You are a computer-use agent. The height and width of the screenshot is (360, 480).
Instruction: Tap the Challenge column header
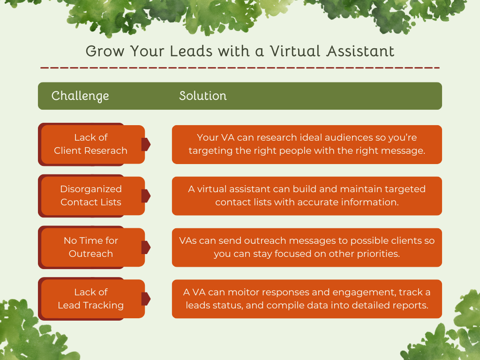click(x=80, y=96)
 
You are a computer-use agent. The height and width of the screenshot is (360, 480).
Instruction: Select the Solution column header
click(x=202, y=96)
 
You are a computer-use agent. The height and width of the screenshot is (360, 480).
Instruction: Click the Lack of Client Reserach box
click(x=91, y=144)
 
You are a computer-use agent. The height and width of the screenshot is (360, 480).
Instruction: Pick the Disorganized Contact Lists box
click(x=91, y=195)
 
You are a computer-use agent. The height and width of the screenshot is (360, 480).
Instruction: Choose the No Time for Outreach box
click(x=91, y=247)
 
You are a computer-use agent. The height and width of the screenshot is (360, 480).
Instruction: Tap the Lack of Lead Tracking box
click(x=91, y=299)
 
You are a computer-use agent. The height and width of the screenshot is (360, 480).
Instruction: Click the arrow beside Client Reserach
click(x=146, y=144)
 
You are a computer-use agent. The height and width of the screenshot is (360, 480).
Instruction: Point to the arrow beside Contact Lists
click(x=146, y=196)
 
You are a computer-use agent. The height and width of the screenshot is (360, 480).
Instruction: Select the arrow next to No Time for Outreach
click(x=146, y=247)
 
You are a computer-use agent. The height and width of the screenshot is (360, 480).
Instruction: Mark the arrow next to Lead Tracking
click(x=146, y=299)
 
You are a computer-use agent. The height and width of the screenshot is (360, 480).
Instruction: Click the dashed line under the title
click(x=240, y=68)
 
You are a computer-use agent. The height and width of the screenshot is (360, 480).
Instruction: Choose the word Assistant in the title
click(x=361, y=51)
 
